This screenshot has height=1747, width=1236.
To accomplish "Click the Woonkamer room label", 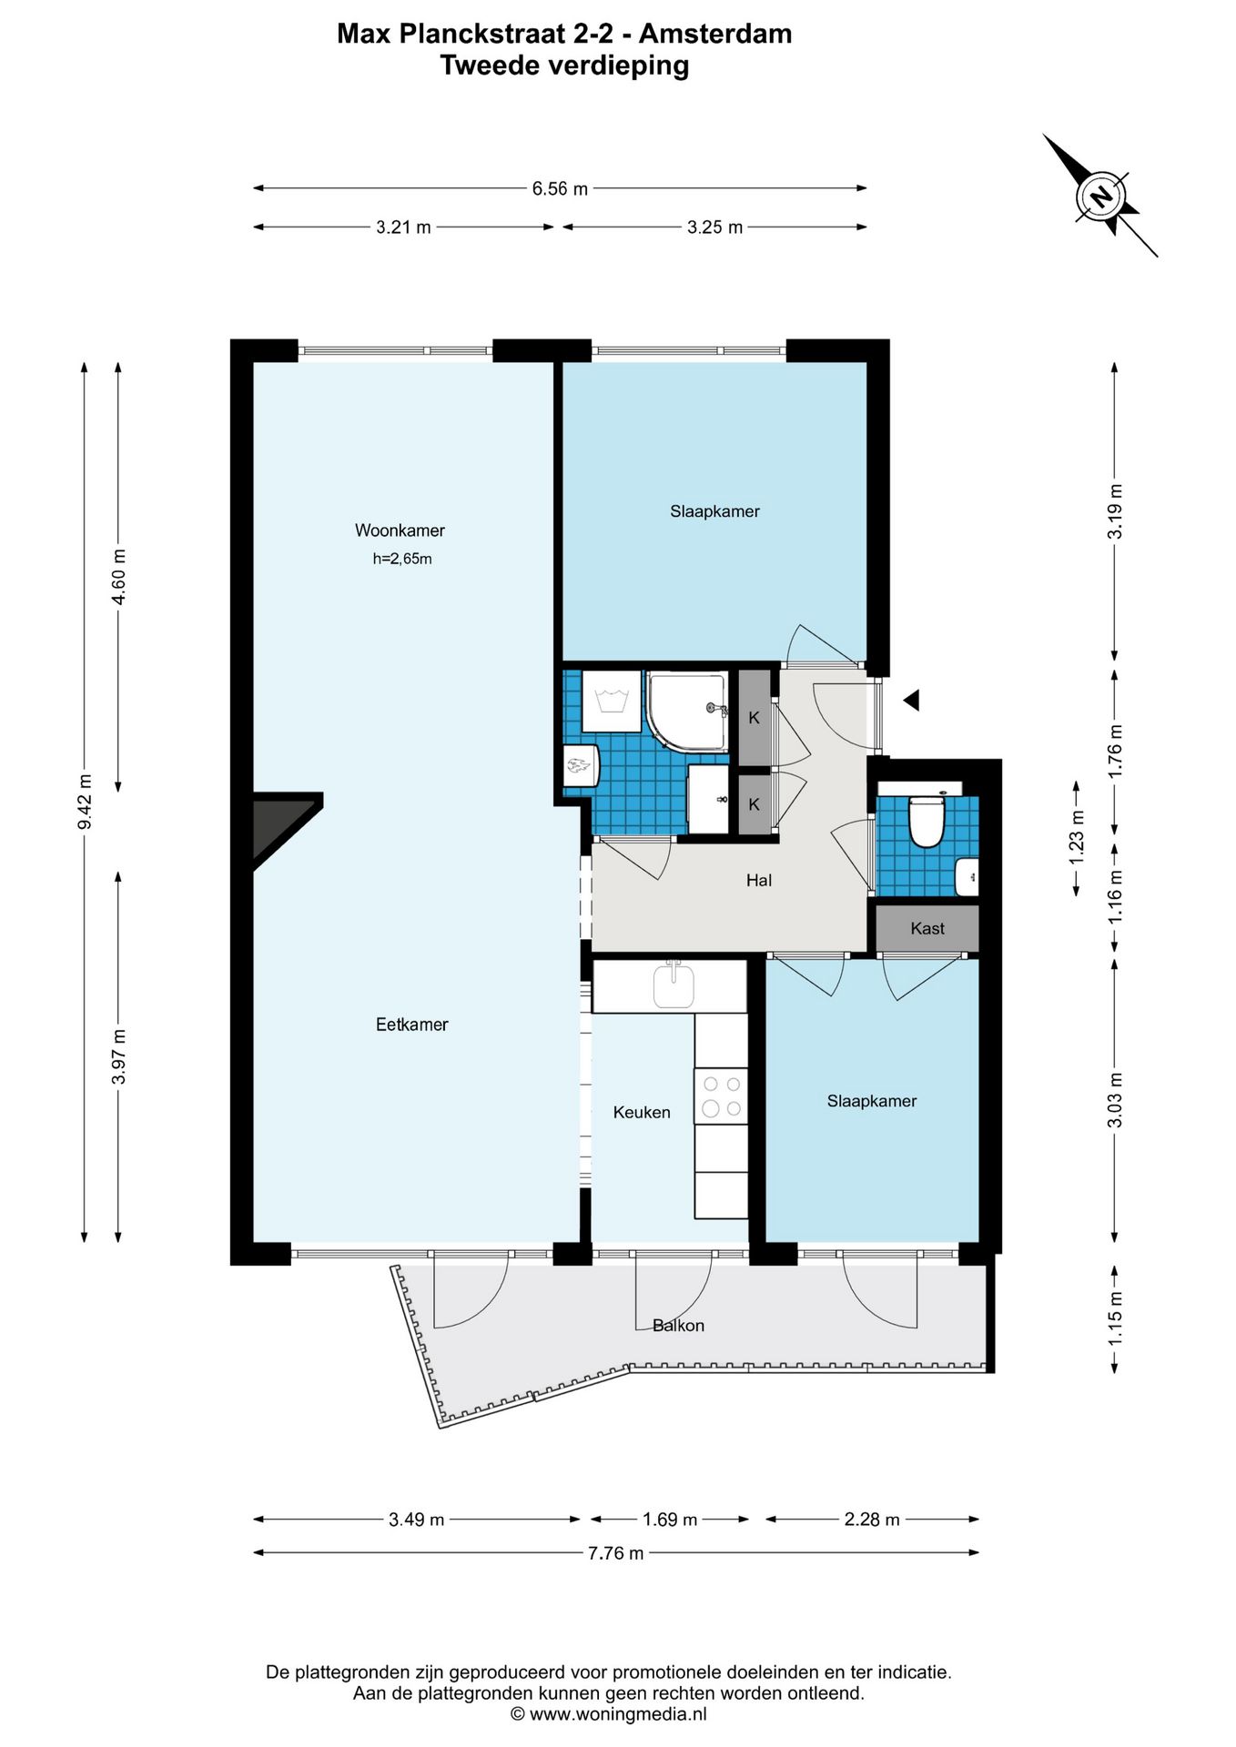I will coord(400,530).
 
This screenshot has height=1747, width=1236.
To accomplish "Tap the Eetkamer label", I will coord(411,1025).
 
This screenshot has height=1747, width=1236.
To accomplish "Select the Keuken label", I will coord(641,1112).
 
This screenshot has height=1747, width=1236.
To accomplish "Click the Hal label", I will coord(758,880).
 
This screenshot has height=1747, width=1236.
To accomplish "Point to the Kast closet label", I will coord(927,928).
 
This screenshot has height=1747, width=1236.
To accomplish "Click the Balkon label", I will coord(678,1326).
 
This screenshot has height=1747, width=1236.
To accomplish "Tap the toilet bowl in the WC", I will coord(926,823).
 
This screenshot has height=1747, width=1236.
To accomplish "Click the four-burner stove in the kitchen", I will coord(721,1096).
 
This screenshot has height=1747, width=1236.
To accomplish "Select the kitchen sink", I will coord(674,986).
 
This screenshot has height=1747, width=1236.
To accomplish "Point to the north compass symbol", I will coord(1100,197).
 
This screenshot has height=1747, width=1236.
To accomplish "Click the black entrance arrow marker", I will coord(911,700).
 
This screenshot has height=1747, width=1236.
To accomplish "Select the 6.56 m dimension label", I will coord(560,188).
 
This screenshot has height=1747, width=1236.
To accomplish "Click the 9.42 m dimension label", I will coord(85,802).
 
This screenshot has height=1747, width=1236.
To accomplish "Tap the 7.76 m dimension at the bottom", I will coord(615,1553).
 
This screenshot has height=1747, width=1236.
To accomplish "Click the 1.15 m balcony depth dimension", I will coord(1115,1318).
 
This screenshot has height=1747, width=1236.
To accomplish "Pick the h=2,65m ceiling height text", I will coord(401,559).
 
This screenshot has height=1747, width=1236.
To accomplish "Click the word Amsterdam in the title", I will coord(714,34).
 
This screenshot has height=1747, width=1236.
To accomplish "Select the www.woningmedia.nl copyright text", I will coord(608,1714).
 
